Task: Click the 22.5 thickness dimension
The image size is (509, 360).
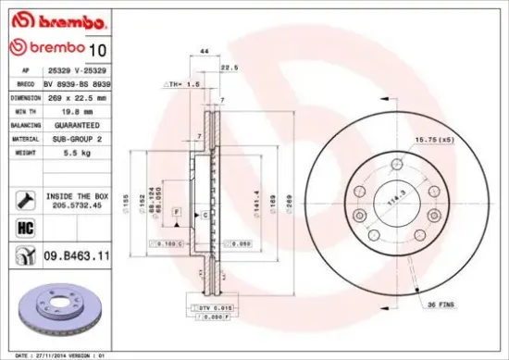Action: click(226, 67)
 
